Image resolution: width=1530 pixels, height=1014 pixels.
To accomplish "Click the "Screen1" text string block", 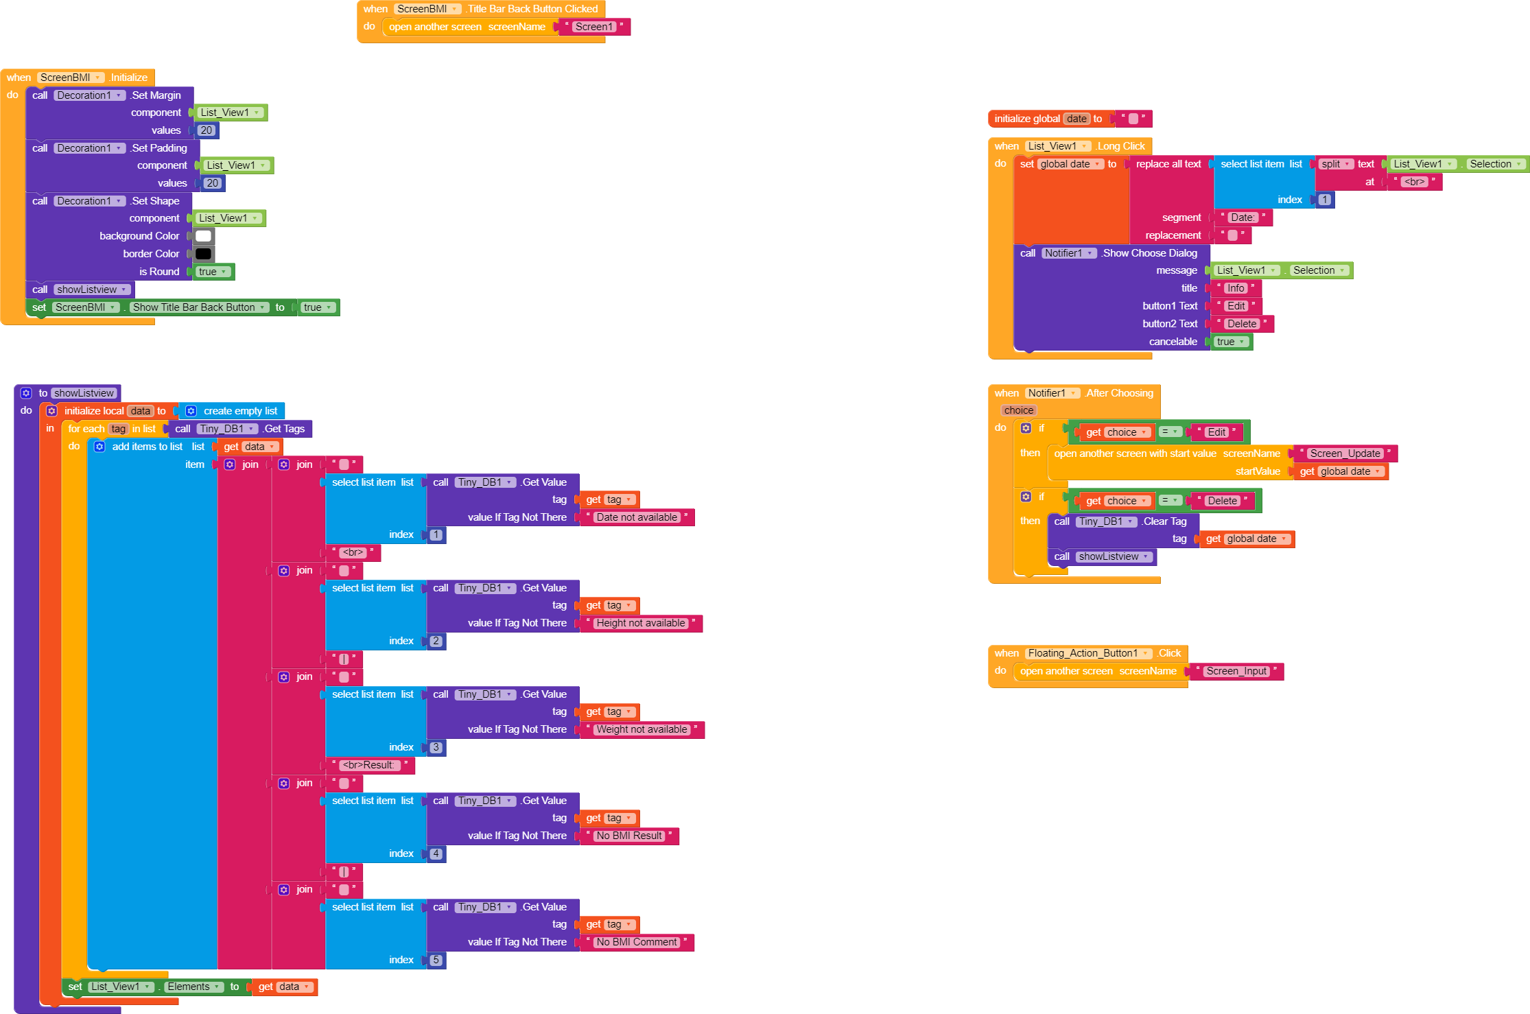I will point(593,27).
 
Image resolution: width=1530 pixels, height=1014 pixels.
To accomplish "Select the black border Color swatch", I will point(203,254).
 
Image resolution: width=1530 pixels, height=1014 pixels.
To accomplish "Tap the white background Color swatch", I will point(203,236).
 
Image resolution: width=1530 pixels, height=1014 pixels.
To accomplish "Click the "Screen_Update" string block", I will point(1344,453).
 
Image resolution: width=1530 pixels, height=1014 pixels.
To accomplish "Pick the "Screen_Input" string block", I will point(1236,671).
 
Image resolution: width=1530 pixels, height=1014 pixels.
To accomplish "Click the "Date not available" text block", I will point(636,517).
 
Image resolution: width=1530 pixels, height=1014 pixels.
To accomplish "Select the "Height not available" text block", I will point(640,623).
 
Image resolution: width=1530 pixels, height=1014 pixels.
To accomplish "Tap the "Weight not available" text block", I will point(642,729).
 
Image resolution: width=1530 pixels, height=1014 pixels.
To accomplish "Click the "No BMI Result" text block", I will point(628,836).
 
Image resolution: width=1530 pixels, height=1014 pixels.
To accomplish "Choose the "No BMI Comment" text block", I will point(636,942).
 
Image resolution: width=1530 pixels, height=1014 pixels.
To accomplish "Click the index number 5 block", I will point(436,960).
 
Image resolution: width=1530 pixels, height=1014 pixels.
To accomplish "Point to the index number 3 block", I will point(436,747).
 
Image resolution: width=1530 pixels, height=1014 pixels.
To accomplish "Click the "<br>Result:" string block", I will point(369,765).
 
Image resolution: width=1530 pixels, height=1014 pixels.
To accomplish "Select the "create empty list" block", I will point(239,411).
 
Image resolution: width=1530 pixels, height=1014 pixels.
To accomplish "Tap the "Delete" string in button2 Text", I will point(1241,324).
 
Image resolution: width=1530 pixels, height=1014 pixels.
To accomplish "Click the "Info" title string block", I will point(1235,288).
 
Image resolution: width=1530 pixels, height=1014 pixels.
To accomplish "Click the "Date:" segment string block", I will point(1242,217).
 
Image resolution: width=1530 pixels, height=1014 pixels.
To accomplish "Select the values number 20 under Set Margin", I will point(207,130).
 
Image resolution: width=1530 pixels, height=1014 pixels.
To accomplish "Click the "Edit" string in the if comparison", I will point(1216,432).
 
